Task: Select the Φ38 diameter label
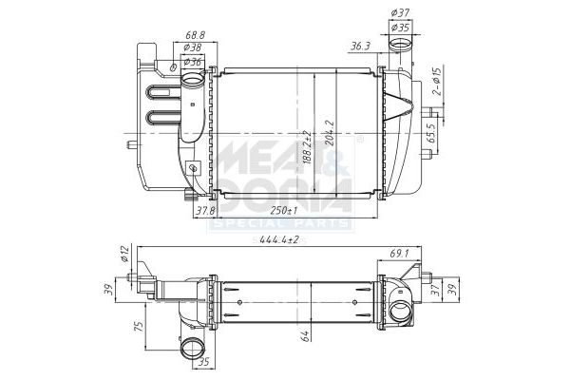tap(191, 47)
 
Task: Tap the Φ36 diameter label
tap(191, 62)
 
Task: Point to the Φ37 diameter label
tap(400, 13)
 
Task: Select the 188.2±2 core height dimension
tap(307, 147)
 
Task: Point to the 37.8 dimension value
tap(204, 211)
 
